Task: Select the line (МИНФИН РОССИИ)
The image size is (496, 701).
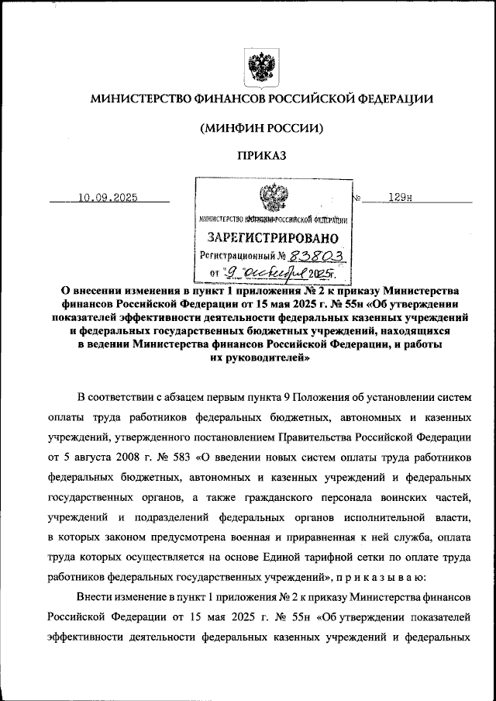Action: pos(260,127)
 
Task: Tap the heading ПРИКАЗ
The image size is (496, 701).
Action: pos(260,155)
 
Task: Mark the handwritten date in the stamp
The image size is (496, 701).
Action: pos(267,274)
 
